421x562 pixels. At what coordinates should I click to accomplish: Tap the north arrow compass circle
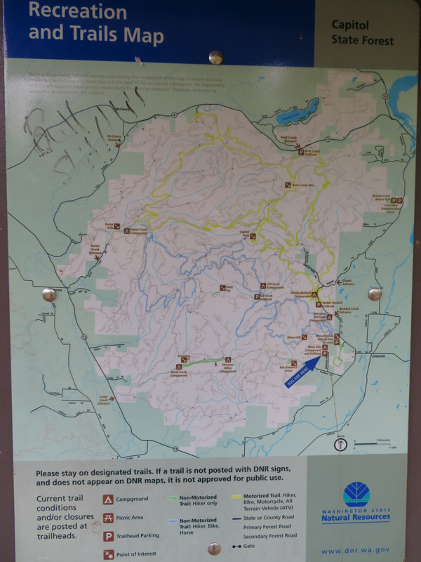point(340,444)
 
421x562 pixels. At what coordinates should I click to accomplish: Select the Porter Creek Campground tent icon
point(127,230)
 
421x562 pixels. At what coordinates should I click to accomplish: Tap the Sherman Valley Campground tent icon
point(227,360)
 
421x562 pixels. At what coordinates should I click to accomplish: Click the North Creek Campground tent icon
point(179,365)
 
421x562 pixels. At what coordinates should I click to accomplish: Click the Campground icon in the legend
point(109,499)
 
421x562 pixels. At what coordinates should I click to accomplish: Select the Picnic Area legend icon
point(109,518)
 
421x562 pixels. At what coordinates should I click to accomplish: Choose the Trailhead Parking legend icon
point(109,535)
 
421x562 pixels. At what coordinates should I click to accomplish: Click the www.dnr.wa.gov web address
point(355,551)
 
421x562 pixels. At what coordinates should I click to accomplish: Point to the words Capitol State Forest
point(362,32)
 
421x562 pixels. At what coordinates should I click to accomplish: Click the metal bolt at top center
point(216,57)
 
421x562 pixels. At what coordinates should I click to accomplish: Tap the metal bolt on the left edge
point(48,294)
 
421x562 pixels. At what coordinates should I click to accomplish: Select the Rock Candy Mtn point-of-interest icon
point(288,185)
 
